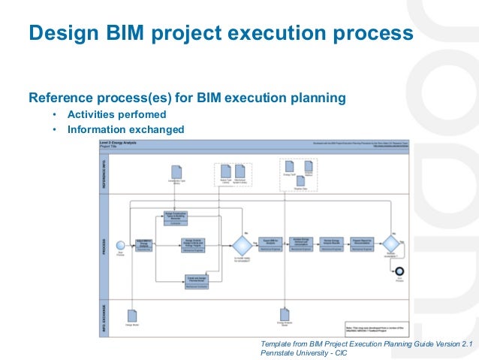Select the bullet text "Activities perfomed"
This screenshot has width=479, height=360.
116,114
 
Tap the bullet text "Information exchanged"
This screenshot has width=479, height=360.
125,129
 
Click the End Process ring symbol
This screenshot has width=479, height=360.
399,271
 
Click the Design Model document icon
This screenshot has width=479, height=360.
131,316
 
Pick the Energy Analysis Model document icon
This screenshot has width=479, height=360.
285,315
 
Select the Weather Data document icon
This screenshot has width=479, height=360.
300,181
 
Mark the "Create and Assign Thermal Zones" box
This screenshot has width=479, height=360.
196,280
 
